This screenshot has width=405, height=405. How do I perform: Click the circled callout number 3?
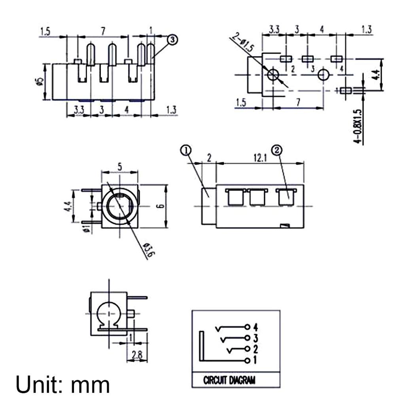173,40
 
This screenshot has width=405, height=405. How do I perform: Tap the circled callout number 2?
276,150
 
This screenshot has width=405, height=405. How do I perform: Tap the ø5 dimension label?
39,82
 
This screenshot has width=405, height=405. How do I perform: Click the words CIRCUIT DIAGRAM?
229,380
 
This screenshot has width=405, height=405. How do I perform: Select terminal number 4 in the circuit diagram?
255,327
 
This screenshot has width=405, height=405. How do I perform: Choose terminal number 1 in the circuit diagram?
255,360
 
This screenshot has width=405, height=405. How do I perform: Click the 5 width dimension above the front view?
119,167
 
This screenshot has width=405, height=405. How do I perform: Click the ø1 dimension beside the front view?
87,228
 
